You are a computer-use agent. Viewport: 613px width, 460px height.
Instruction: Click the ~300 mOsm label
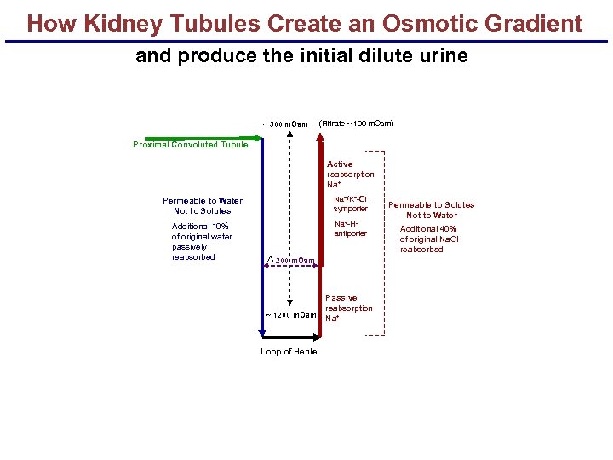(285, 124)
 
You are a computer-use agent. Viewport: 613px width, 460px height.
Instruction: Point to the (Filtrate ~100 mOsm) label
(356, 124)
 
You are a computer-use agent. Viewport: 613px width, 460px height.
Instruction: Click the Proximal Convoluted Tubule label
(191, 145)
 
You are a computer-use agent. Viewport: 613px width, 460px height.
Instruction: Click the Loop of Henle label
(289, 352)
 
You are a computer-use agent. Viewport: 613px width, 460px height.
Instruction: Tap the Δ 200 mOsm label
(291, 260)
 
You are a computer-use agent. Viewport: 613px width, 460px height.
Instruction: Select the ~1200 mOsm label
(291, 315)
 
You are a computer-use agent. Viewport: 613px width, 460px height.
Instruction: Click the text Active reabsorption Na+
(350, 174)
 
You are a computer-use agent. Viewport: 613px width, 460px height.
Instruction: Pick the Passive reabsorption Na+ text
(348, 308)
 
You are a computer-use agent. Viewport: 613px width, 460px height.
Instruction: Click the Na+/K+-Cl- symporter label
(350, 204)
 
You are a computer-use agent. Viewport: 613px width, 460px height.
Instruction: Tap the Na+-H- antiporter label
(350, 228)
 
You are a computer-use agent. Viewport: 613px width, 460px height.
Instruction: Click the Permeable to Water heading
(203, 201)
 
